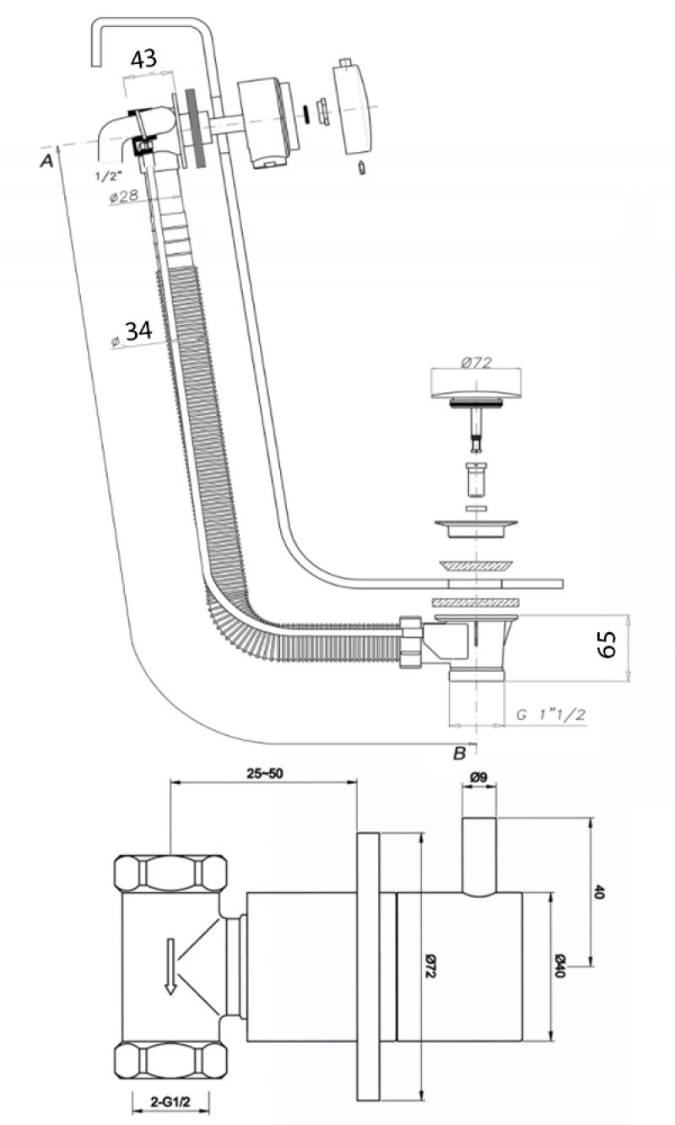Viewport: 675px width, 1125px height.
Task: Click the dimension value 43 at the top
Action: pos(143,59)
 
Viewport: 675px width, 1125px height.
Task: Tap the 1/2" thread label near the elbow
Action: pos(109,176)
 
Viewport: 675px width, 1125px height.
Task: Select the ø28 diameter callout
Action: pos(124,196)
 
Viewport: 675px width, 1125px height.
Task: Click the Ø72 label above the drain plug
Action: pos(476,362)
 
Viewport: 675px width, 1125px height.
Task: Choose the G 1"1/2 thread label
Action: pos(551,715)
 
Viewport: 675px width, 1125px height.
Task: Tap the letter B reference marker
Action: pos(459,754)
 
